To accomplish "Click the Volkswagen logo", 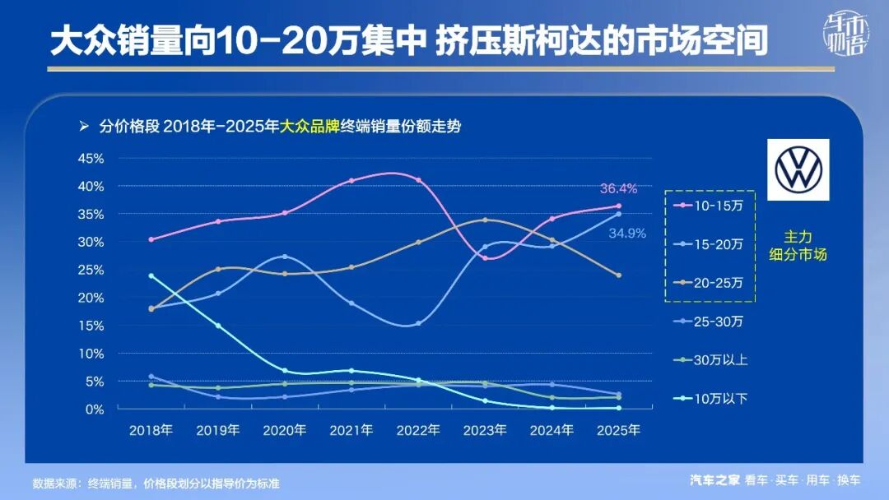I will tap(798, 169).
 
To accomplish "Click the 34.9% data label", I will tap(627, 234).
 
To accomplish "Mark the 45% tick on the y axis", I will tap(91, 158).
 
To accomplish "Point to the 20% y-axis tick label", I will tap(91, 298).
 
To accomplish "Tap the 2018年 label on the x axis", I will tap(151, 429).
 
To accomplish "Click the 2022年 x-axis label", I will tap(418, 429).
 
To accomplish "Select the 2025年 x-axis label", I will tap(618, 429).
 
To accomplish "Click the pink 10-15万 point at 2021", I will tap(351, 180).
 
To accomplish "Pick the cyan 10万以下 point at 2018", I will tap(151, 275).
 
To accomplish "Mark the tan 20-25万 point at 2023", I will tap(485, 220).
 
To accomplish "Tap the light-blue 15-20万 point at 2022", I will tap(418, 323).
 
